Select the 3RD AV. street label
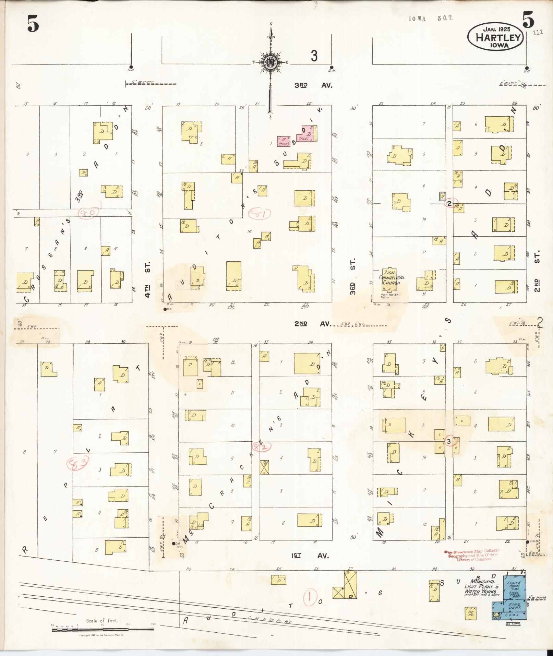pos(313,85)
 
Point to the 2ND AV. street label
pos(312,323)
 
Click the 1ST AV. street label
pos(310,556)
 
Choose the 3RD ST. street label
pos(353,276)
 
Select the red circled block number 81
pos(259,214)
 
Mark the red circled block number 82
pos(262,446)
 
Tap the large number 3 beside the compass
pos(314,56)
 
